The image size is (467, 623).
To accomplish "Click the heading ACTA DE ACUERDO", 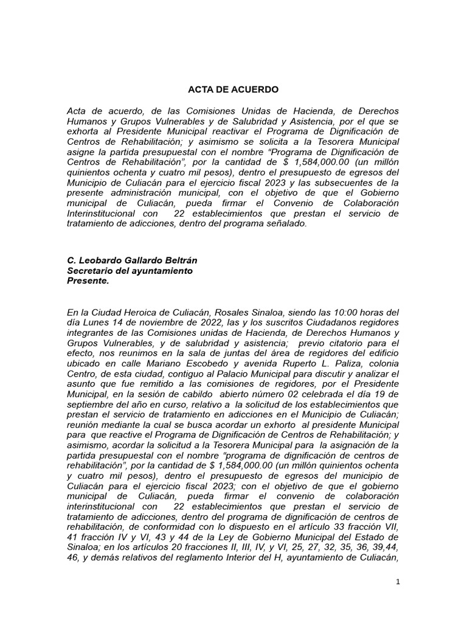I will [x=233, y=89].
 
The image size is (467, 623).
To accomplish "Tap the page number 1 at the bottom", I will [x=398, y=582].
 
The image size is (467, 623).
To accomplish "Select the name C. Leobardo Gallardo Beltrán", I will [x=132, y=260].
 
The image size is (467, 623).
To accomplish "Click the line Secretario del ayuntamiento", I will [x=130, y=271].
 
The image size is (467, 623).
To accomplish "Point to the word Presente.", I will [x=88, y=281].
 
